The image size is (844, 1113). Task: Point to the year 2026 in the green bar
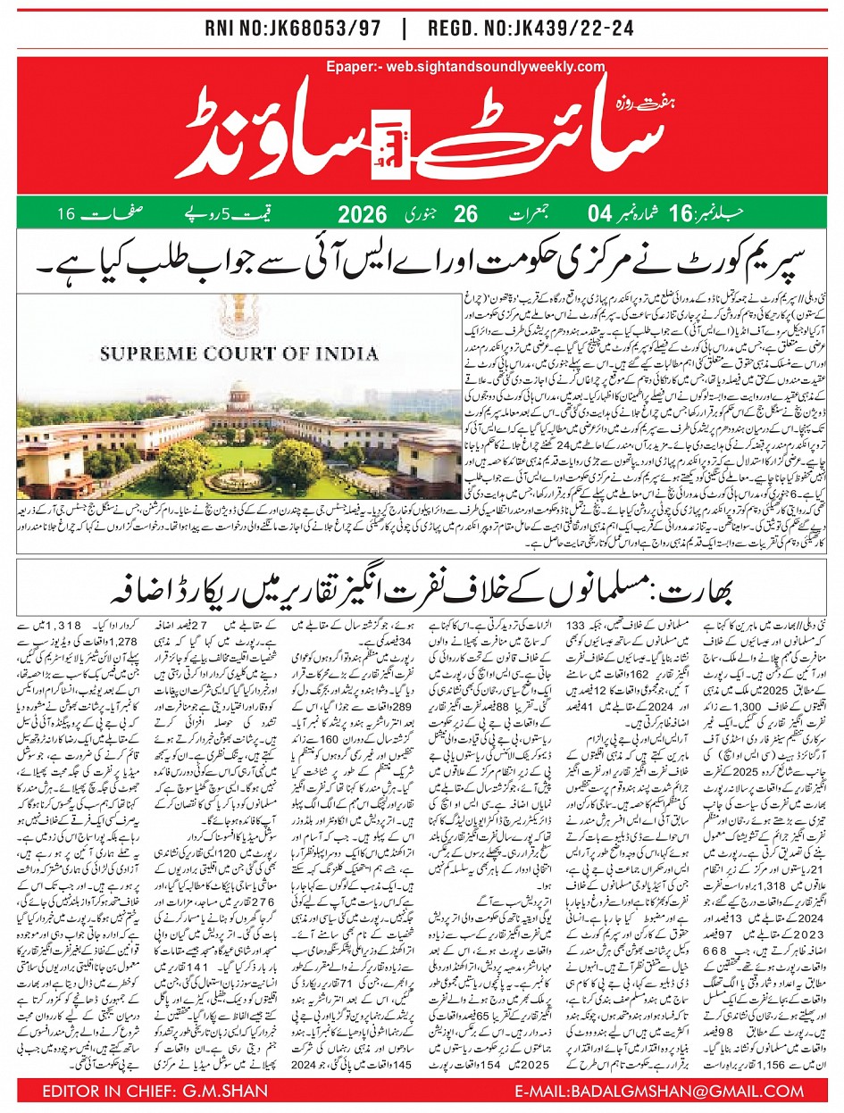pos(362,215)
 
